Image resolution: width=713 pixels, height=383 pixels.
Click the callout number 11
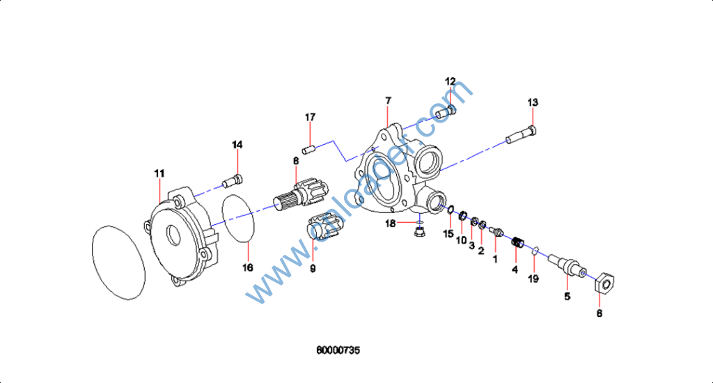point(159,172)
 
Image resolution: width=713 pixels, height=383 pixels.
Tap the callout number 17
point(310,117)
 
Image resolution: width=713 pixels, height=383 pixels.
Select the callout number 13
point(533,102)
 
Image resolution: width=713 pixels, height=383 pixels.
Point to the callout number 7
point(388,101)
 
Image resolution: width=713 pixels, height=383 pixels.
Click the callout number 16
point(248,267)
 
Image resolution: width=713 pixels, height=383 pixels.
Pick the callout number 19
point(533,279)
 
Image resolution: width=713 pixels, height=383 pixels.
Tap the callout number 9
point(313,268)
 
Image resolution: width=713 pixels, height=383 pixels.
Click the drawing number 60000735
point(338,350)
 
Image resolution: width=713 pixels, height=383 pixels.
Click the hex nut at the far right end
point(605,283)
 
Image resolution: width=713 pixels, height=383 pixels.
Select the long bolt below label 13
point(522,136)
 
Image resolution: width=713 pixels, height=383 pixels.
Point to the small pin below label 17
point(309,148)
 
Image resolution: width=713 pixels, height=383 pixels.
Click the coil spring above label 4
point(516,243)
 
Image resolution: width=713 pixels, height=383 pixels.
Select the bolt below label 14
point(231,182)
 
